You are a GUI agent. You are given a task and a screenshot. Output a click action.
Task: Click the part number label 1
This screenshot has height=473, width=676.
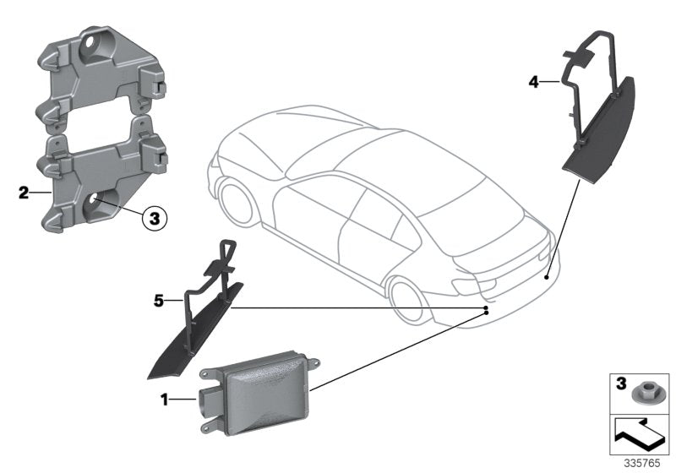[x=165, y=397]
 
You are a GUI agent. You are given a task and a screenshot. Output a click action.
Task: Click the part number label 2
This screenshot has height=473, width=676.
[x=23, y=193]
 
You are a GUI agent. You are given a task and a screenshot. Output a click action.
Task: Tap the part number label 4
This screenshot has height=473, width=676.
[x=533, y=82]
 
